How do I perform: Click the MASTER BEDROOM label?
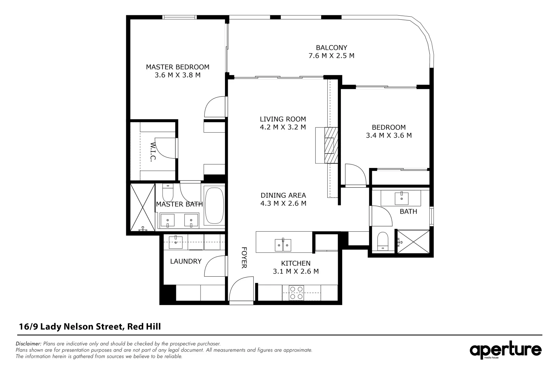[x=177, y=67]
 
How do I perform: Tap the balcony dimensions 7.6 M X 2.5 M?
[x=331, y=55]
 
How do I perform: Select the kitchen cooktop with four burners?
[x=296, y=293]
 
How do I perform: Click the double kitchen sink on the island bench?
[x=283, y=245]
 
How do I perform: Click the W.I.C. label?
[x=153, y=151]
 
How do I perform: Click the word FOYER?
[x=244, y=257]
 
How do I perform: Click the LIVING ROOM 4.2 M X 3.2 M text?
[x=283, y=123]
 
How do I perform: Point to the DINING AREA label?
[x=283, y=195]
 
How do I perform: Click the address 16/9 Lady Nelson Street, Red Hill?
[x=90, y=327]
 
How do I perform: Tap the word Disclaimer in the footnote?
[x=28, y=344]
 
